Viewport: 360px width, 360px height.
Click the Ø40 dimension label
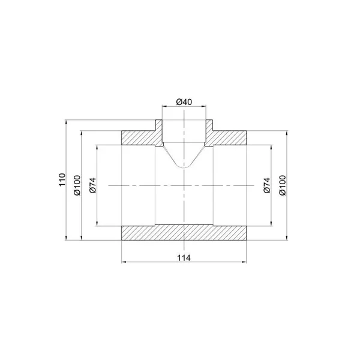184,102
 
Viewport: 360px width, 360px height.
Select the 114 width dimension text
184,258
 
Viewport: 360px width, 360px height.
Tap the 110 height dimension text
62,180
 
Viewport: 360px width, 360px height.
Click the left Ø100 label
77,185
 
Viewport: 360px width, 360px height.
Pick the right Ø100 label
283,185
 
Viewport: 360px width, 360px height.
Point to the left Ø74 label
93,185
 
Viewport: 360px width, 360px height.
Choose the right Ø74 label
267,185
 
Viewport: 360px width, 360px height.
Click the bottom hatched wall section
184,232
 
